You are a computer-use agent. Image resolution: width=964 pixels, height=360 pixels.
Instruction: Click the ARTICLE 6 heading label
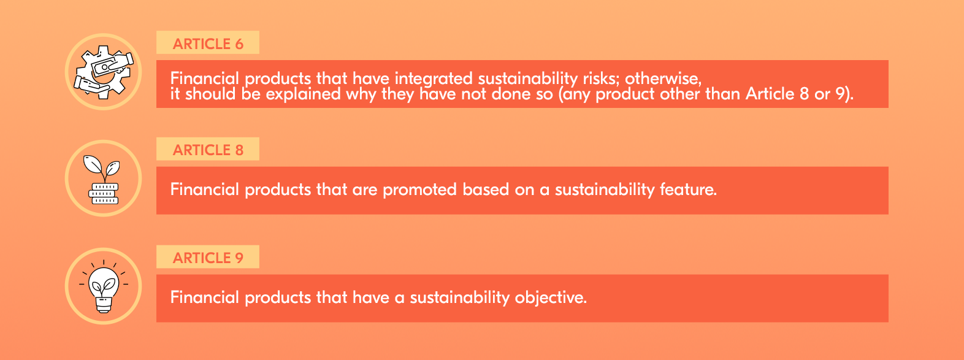(x=208, y=44)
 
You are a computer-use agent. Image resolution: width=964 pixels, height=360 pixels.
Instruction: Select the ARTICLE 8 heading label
(x=208, y=150)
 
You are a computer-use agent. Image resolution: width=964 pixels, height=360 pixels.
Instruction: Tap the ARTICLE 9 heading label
(x=208, y=258)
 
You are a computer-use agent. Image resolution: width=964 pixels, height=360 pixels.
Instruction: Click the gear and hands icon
(x=103, y=72)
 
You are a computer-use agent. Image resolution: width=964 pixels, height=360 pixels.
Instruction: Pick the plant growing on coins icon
(x=102, y=179)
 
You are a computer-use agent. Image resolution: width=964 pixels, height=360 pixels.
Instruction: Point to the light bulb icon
(x=103, y=286)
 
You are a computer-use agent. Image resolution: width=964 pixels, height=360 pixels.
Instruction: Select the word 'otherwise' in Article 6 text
(x=663, y=79)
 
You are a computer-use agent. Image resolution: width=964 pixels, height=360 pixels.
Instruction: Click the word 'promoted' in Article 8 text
(x=419, y=190)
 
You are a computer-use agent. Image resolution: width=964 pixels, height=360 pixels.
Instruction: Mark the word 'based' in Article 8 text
(x=486, y=190)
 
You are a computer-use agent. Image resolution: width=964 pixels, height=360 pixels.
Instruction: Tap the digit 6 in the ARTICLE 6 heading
(x=239, y=44)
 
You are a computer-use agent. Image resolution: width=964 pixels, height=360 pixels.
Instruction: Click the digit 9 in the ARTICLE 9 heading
(x=239, y=258)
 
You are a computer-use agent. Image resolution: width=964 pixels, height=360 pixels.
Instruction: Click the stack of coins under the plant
(x=103, y=194)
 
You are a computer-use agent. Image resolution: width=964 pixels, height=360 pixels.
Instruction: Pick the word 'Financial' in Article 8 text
(x=204, y=190)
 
